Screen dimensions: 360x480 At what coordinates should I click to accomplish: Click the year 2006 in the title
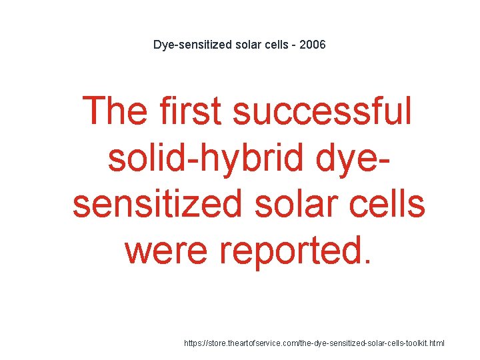[313, 45]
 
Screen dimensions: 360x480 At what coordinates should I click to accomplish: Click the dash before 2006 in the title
[294, 45]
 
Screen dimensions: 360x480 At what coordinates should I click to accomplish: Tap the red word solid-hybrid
[199, 157]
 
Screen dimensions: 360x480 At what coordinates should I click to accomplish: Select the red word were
[167, 250]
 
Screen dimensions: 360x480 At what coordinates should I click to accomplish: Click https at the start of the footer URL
[195, 343]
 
